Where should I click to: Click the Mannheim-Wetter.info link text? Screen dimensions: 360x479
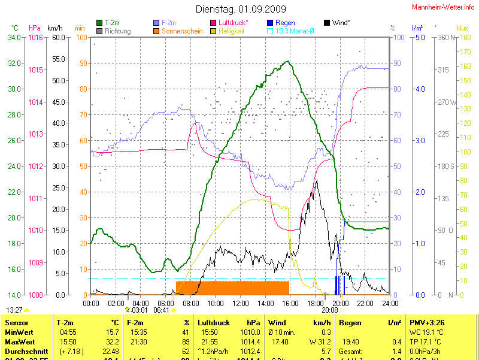click(x=442, y=7)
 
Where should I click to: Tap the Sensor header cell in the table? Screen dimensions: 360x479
click(x=16, y=323)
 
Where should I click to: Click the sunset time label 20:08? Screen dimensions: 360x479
click(x=330, y=310)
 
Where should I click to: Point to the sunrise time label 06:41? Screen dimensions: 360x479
click(x=162, y=310)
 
